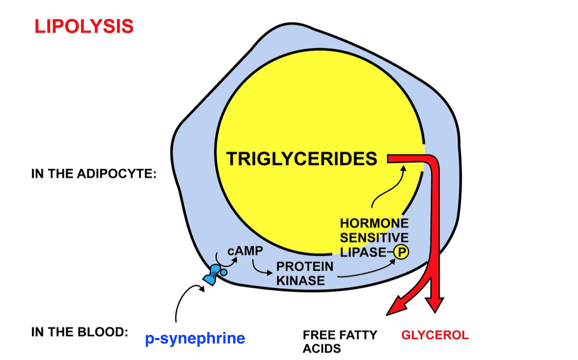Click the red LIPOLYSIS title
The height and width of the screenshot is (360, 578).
[84, 26]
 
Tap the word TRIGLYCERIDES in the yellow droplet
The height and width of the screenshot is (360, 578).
[302, 159]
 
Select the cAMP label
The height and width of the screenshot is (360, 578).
[245, 251]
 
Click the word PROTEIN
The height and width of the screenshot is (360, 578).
[305, 266]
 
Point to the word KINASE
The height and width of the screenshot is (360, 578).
[300, 281]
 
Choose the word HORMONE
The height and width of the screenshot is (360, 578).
[374, 223]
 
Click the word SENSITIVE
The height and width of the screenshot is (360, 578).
[374, 237]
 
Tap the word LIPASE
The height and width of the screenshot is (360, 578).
[363, 252]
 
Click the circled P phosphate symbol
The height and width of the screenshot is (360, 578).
[401, 252]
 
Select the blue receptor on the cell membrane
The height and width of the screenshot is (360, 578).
[214, 274]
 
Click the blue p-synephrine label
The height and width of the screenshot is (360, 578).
[195, 338]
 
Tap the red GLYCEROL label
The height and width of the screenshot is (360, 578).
[435, 335]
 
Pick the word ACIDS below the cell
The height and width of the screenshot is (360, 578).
[322, 348]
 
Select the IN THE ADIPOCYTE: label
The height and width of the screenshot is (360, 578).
[94, 173]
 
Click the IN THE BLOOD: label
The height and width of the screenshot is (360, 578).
[80, 332]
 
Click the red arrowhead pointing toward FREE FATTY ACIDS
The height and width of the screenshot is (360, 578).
[396, 306]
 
